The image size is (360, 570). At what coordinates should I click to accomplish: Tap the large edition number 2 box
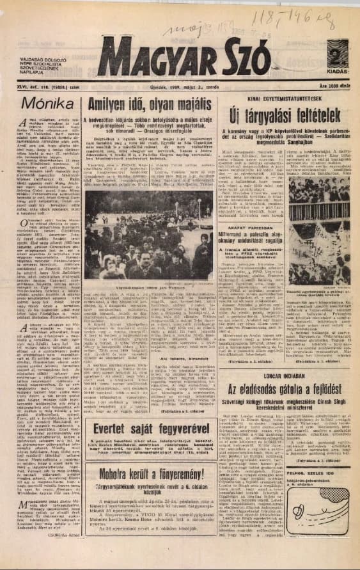(340, 54)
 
